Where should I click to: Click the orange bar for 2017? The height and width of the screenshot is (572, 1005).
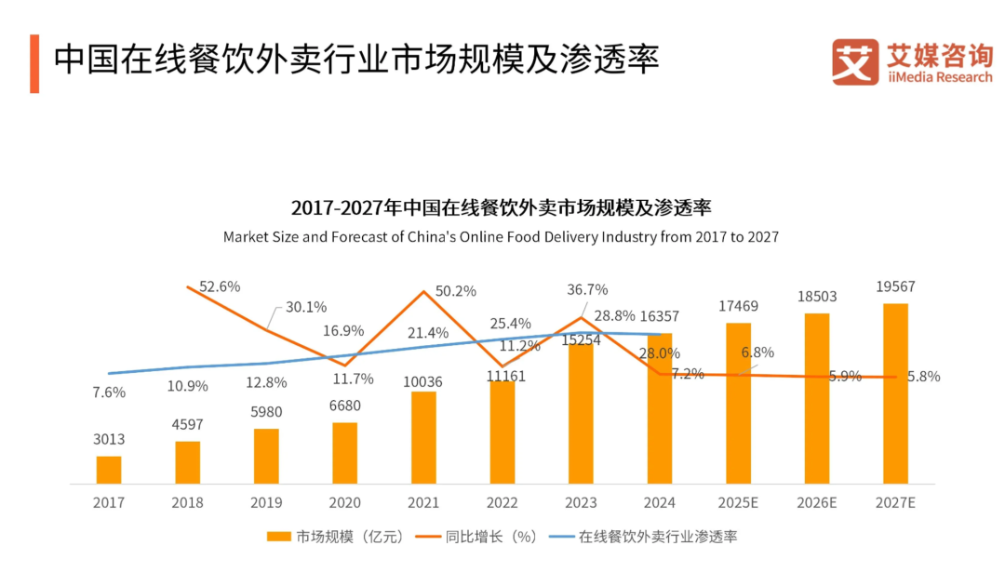pyautogui.click(x=109, y=470)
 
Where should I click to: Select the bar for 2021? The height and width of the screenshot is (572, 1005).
pyautogui.click(x=423, y=437)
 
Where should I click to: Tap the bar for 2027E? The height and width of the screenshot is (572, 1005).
pyautogui.click(x=895, y=393)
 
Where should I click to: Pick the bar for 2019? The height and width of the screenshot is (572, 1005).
pyautogui.click(x=266, y=456)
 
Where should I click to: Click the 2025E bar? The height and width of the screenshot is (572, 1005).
pyautogui.click(x=738, y=404)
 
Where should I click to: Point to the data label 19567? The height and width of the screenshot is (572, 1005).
pyautogui.click(x=895, y=286)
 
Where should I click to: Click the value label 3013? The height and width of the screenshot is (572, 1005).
pyautogui.click(x=109, y=439)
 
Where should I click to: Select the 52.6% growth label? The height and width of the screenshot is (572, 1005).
pyautogui.click(x=220, y=286)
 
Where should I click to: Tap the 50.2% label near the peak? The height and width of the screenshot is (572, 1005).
pyautogui.click(x=455, y=291)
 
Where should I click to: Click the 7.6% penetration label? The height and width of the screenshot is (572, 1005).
pyautogui.click(x=109, y=392)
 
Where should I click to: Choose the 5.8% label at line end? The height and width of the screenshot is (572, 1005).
pyautogui.click(x=923, y=377)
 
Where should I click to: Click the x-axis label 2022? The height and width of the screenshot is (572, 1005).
pyautogui.click(x=502, y=502)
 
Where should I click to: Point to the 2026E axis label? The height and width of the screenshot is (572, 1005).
pyautogui.click(x=817, y=502)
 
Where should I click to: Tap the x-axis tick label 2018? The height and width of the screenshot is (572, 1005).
pyautogui.click(x=188, y=502)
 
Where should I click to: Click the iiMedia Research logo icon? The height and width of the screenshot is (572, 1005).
pyautogui.click(x=855, y=62)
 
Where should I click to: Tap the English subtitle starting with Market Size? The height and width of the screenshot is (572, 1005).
pyautogui.click(x=501, y=237)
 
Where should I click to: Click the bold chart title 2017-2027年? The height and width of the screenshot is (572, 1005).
pyautogui.click(x=501, y=206)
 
